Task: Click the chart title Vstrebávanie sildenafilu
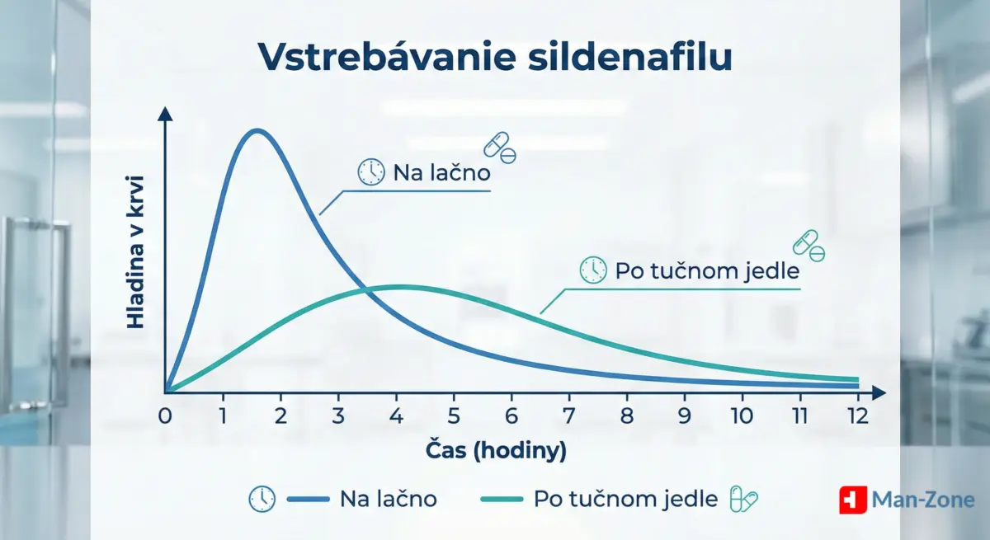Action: pyautogui.click(x=495, y=58)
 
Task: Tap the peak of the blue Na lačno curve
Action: pyautogui.click(x=257, y=130)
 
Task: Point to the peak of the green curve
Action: pyautogui.click(x=399, y=287)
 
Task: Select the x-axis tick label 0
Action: pyautogui.click(x=165, y=416)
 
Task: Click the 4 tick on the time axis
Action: pyautogui.click(x=397, y=416)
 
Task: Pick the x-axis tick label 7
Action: pyautogui.click(x=569, y=416)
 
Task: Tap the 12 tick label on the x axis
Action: pyautogui.click(x=857, y=416)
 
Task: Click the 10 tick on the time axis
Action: pyautogui.click(x=742, y=416)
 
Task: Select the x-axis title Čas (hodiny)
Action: pyautogui.click(x=496, y=452)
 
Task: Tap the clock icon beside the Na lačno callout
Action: pyautogui.click(x=371, y=171)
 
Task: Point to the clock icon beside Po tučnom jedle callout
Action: pyautogui.click(x=593, y=270)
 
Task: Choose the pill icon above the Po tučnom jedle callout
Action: pyautogui.click(x=808, y=245)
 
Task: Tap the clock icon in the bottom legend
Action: pyautogui.click(x=262, y=499)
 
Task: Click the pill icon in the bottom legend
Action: pyautogui.click(x=743, y=499)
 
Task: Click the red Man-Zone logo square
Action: pyautogui.click(x=852, y=500)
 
